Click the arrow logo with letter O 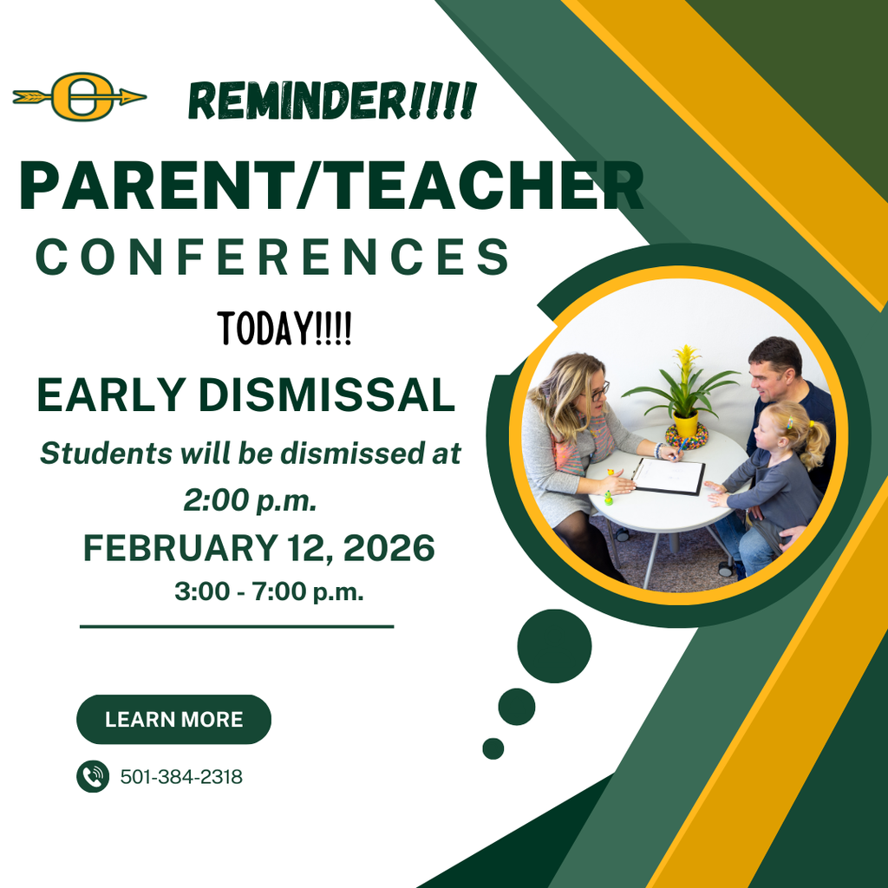80,96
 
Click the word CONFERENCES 271,258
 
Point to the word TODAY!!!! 284,330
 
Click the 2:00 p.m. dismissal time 251,500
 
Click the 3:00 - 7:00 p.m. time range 269,592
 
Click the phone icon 93,776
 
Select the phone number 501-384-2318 181,777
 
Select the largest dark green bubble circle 554,646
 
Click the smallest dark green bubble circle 493,748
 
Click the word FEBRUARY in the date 177,548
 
